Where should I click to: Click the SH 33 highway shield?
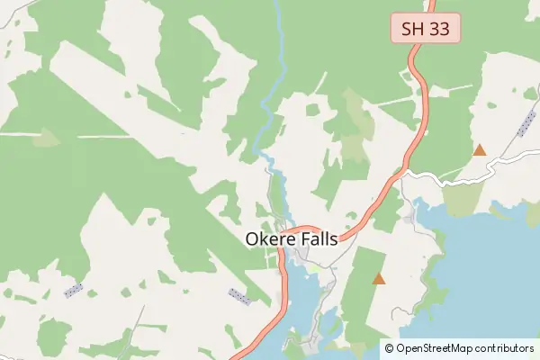tap(426, 28)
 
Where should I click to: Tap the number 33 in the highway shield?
tap(439, 28)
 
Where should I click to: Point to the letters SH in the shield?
tap(413, 28)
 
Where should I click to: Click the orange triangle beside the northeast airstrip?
tap(480, 150)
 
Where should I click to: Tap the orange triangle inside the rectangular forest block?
tap(379, 279)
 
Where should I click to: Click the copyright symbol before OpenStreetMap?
tap(388, 347)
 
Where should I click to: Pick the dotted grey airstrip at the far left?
tap(74, 290)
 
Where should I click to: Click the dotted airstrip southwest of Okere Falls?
tap(239, 295)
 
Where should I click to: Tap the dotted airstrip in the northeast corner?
tap(526, 124)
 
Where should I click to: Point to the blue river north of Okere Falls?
tap(267, 117)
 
